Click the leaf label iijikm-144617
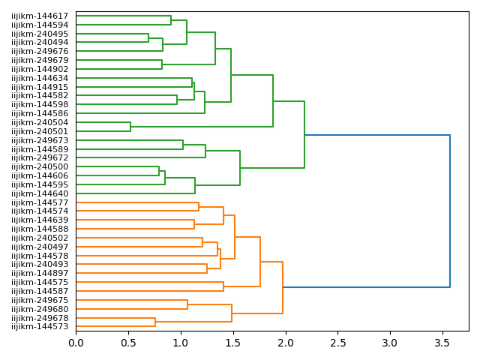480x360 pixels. (x=40, y=16)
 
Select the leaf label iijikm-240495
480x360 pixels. (x=40, y=34)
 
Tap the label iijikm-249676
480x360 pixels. (x=40, y=52)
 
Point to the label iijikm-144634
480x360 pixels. (x=40, y=78)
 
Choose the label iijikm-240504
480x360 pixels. (x=40, y=122)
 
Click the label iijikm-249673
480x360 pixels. (x=40, y=140)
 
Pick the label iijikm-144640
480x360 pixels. (x=40, y=193)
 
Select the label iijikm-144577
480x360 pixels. (x=40, y=202)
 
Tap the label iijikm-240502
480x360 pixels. (x=40, y=238)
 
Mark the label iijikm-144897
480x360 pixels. (x=40, y=273)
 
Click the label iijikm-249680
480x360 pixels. (x=40, y=309)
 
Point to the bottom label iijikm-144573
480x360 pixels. (x=40, y=326)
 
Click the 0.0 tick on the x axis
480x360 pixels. (x=76, y=343)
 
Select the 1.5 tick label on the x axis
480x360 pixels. (x=232, y=343)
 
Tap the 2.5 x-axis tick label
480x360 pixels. (x=337, y=343)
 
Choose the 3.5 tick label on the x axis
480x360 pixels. (x=442, y=343)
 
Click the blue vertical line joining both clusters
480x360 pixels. (x=450, y=211)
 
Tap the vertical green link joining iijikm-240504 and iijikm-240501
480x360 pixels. (x=130, y=127)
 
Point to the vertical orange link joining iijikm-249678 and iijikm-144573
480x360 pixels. (x=155, y=322)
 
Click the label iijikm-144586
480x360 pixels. (x=40, y=113)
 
